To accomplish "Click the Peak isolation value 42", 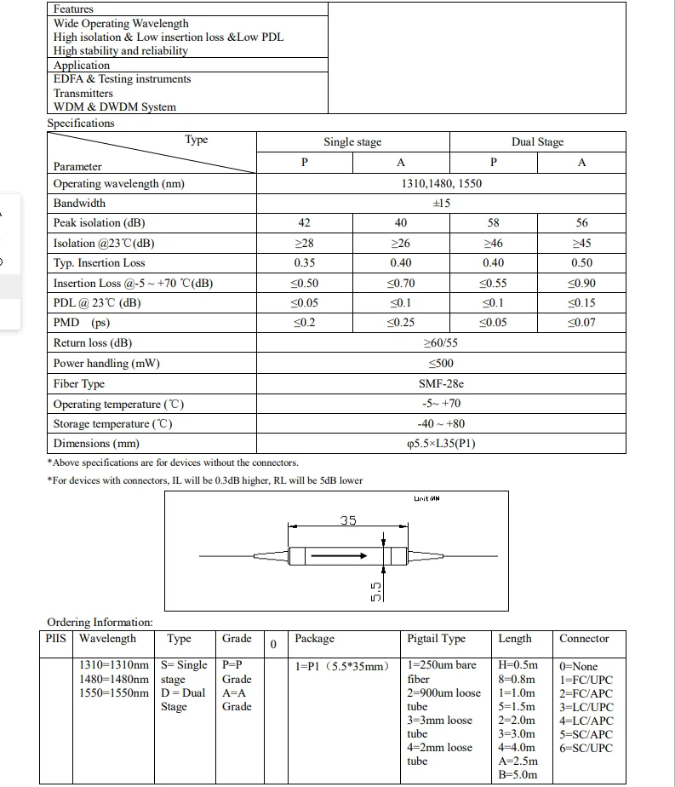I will click(x=305, y=223).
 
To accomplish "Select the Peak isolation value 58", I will click(x=494, y=223).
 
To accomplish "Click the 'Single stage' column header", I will click(x=352, y=142).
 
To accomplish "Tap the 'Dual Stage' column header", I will click(x=537, y=142).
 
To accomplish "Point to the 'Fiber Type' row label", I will click(x=79, y=384).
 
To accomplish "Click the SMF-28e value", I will click(x=441, y=384).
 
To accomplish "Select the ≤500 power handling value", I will click(x=441, y=364).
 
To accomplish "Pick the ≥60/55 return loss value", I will click(x=441, y=343).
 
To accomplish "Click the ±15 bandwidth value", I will click(x=441, y=204).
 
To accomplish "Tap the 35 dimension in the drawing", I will click(x=348, y=520).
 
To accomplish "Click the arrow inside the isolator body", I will click(x=340, y=555).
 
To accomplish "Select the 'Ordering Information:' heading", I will click(x=100, y=623).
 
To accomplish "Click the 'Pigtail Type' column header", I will click(x=437, y=639).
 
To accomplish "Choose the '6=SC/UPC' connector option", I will click(x=586, y=748).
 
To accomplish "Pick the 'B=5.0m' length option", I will click(x=518, y=775).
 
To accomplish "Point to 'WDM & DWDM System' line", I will click(x=115, y=107).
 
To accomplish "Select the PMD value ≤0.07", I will click(x=582, y=324).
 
